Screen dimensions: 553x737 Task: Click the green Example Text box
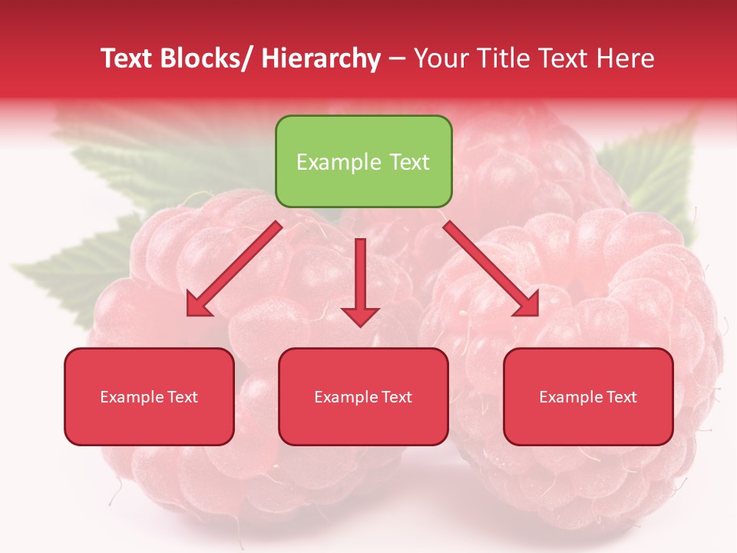[363, 161]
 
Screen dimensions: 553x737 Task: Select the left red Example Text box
[149, 396]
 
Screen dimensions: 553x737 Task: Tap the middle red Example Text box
[363, 396]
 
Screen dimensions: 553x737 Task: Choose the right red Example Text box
[588, 396]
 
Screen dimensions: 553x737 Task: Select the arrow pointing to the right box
[491, 269]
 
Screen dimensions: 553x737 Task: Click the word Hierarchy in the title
[321, 58]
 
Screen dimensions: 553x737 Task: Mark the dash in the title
[397, 58]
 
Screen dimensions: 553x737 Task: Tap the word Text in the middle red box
[396, 396]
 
